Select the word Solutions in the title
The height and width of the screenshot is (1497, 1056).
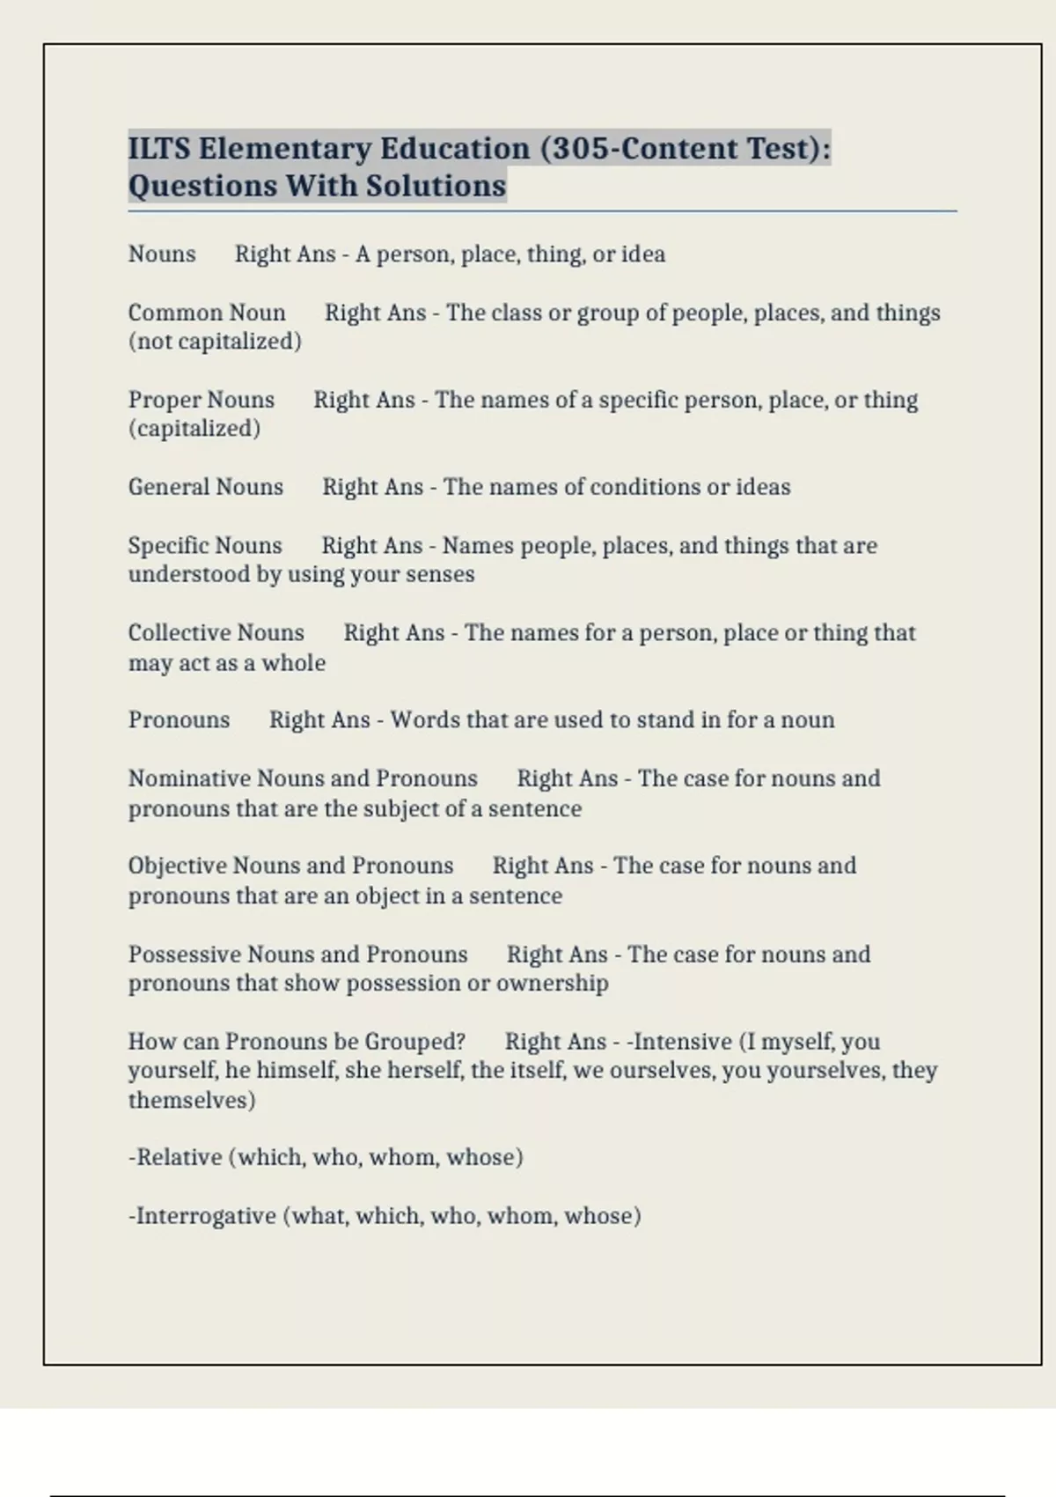point(436,186)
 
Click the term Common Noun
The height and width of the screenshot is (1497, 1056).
point(207,313)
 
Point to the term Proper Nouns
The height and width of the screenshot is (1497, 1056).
point(202,400)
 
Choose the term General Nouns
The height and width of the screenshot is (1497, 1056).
point(206,487)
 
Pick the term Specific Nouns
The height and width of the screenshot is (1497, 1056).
point(205,545)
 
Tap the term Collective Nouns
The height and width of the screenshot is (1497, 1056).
point(216,632)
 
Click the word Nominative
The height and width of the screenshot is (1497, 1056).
point(188,778)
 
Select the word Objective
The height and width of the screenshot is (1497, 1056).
point(177,866)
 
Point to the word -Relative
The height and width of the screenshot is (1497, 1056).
point(175,1157)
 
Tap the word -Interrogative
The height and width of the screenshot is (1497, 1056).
point(202,1216)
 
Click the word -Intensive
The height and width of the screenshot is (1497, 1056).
point(678,1042)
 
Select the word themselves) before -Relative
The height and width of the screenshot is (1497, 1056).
point(192,1100)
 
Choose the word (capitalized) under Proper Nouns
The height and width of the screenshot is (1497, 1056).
point(194,429)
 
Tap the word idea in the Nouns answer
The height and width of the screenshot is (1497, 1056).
point(643,254)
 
